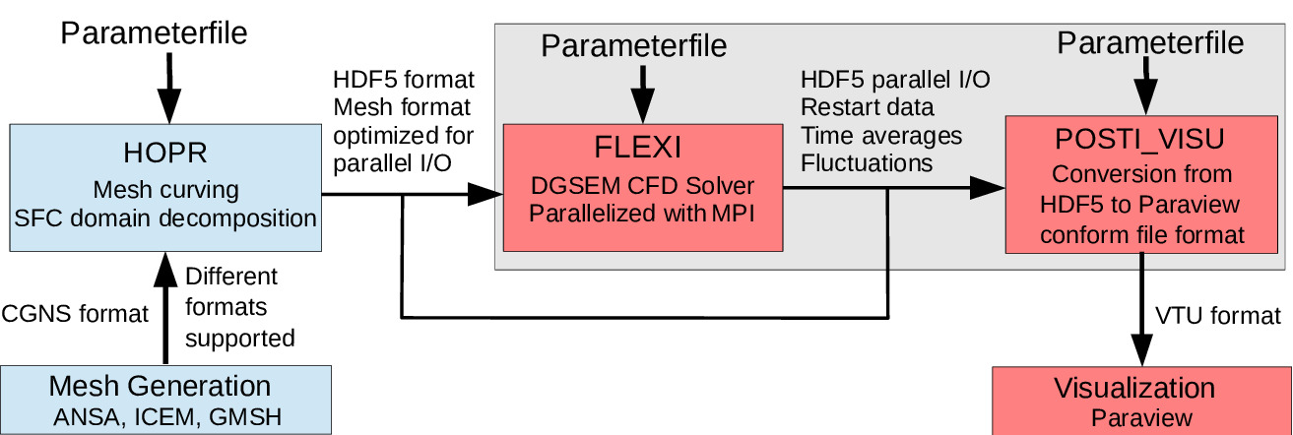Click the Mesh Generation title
(159, 386)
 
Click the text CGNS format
(75, 314)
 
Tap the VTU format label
(1218, 315)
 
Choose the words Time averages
(881, 135)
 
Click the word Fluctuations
(865, 163)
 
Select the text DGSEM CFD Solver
(641, 184)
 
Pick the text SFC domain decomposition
(165, 218)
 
